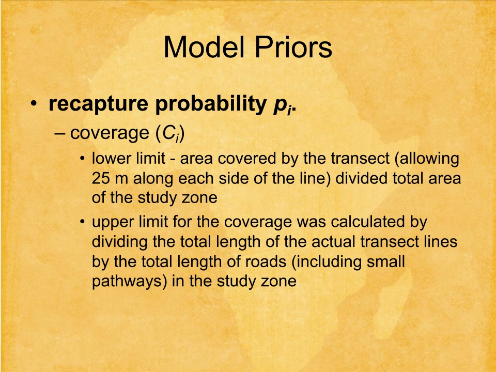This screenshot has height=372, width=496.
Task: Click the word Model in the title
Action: coord(205,47)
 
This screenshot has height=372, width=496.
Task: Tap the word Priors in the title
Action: coord(293,47)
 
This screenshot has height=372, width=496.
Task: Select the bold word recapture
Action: coord(98,104)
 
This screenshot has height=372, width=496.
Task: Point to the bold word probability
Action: coord(211,103)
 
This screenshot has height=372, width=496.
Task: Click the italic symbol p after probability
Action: coord(280,106)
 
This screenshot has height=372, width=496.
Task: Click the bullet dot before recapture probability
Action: coord(34,104)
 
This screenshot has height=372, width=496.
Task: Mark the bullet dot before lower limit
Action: coord(83,158)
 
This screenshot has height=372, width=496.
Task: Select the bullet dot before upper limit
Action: coord(83,222)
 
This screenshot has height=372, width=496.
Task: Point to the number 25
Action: coord(101,178)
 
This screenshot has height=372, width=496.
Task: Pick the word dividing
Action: coord(119,242)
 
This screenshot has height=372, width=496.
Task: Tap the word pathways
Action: coord(127,282)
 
